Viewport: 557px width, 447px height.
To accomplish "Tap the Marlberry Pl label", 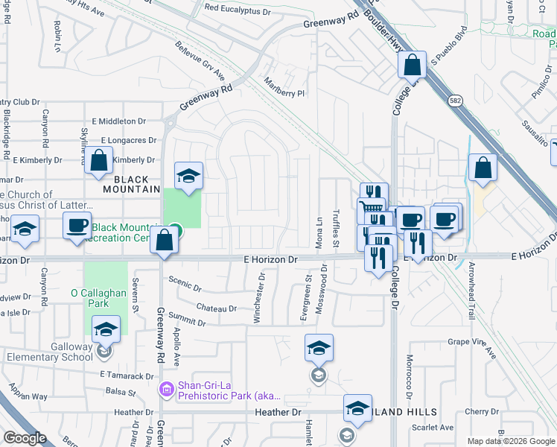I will tap(287, 88).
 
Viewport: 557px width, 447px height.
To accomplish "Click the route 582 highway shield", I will tap(455, 100).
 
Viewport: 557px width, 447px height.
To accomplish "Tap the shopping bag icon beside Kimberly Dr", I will tap(99, 161).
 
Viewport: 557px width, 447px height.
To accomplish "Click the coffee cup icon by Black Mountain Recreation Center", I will tap(77, 225).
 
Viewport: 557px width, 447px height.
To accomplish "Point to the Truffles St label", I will tap(337, 228).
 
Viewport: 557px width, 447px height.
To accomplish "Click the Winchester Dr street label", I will tap(259, 297).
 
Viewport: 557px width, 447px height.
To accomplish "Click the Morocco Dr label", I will tap(409, 375).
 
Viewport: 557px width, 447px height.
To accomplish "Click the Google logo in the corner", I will tap(25, 438).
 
